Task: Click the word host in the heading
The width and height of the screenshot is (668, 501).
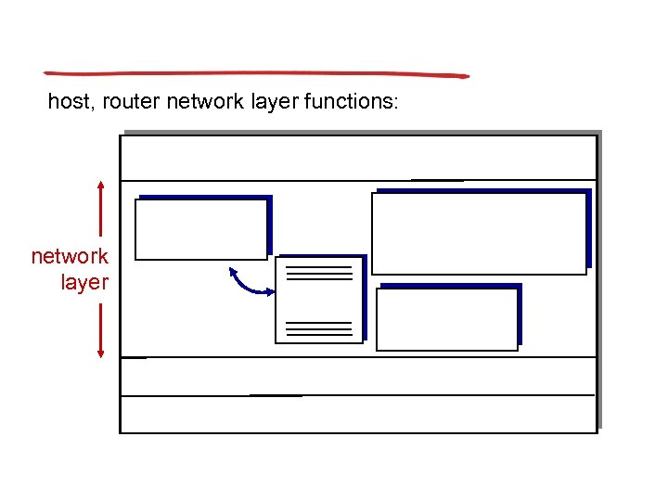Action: click(67, 101)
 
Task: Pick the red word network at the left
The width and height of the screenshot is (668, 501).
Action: click(70, 256)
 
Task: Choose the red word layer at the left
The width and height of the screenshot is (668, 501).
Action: click(84, 282)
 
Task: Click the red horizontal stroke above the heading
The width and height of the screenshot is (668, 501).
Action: click(256, 73)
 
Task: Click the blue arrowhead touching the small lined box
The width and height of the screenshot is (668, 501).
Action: click(270, 293)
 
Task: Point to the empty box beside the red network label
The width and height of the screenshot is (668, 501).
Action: click(200, 229)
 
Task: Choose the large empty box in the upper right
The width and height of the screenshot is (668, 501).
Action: click(479, 233)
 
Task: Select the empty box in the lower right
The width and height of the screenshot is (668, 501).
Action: click(446, 319)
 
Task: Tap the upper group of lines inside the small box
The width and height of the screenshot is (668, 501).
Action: click(319, 273)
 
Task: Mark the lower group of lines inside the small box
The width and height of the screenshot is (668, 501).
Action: click(319, 328)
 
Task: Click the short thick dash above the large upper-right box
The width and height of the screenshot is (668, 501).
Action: click(437, 180)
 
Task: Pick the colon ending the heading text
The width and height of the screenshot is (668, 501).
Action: click(396, 104)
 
